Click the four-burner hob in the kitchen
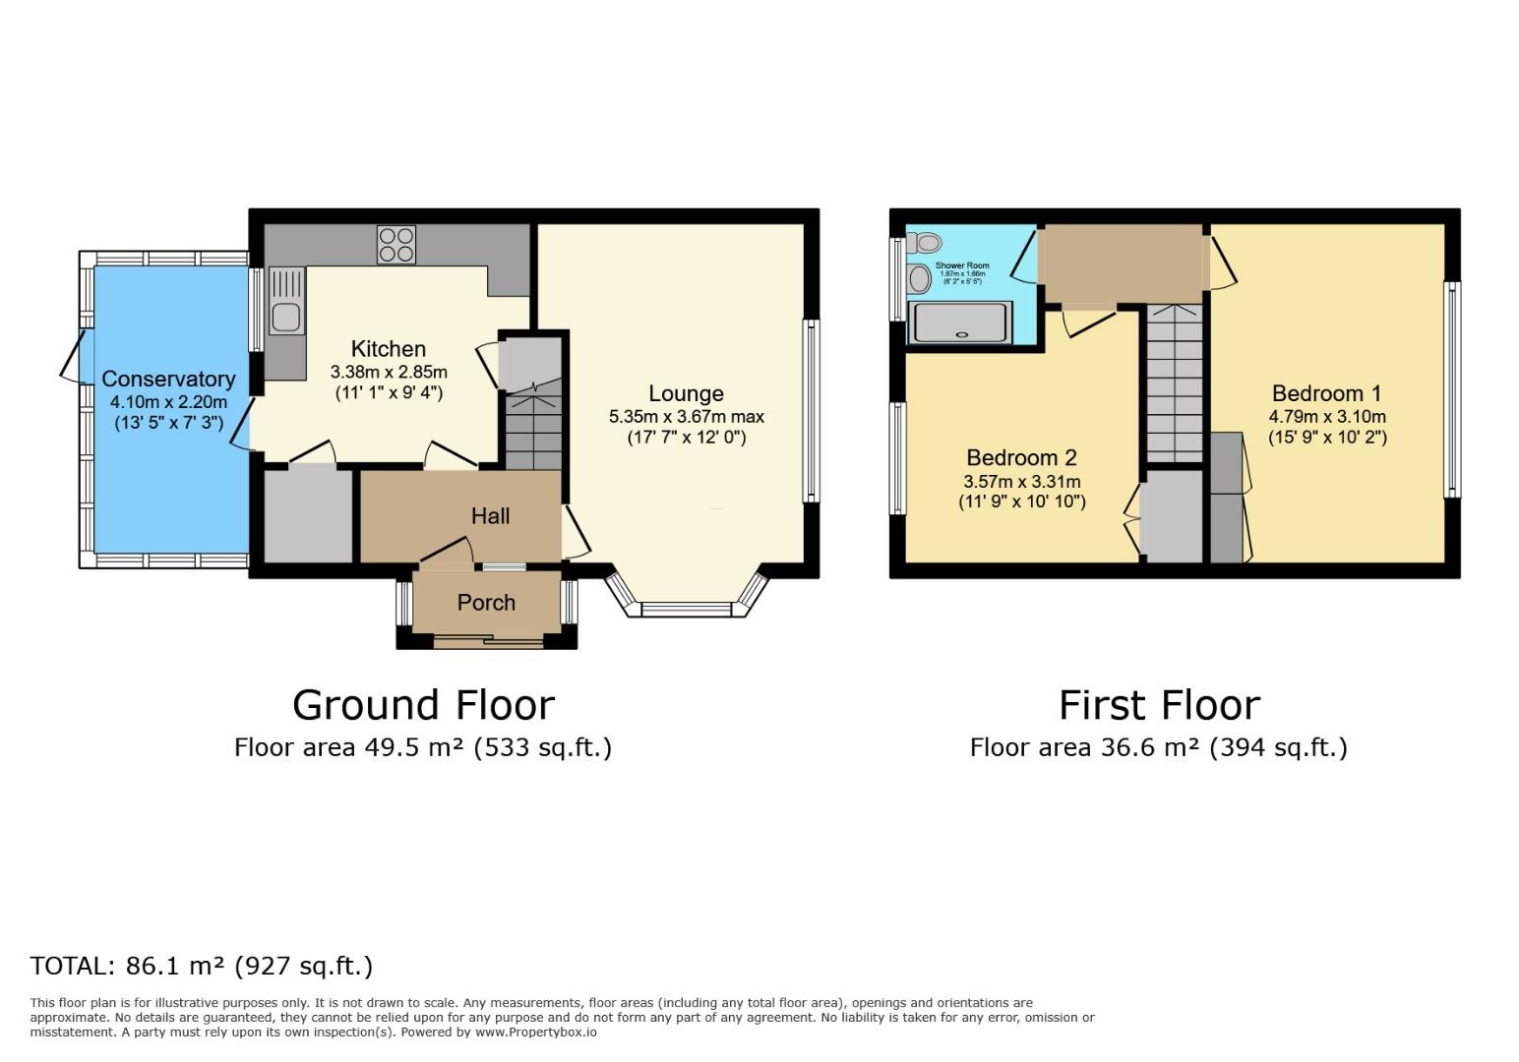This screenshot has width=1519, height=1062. coord(396,245)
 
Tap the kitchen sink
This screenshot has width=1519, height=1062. coord(286,317)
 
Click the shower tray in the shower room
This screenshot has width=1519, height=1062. coord(960,323)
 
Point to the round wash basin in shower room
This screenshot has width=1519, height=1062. coord(920,279)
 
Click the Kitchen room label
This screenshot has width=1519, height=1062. coord(389,349)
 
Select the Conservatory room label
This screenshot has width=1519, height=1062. coord(168,380)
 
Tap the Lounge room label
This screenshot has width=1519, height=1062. coord(686,393)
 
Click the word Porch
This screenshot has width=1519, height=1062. coord(486,603)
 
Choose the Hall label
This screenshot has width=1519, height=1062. coord(490,516)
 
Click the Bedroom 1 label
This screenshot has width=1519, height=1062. coord(1326,394)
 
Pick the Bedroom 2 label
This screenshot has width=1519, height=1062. coord(1021,458)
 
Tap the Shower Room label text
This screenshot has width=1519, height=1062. coord(962,265)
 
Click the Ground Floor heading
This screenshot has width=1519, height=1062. coord(423,705)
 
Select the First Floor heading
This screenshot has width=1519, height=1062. coord(1159,705)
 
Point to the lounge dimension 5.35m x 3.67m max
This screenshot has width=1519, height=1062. coord(686,417)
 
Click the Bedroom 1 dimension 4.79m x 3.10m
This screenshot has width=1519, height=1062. coord(1326,417)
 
